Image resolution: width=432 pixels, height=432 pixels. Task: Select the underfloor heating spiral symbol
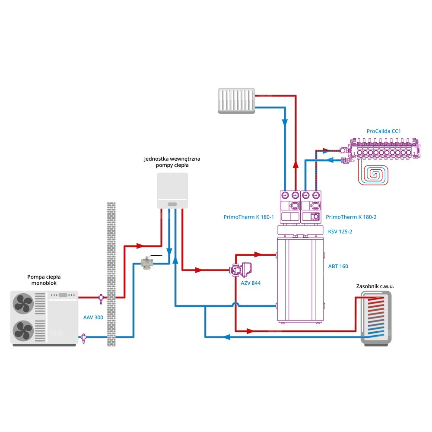click(x=374, y=175)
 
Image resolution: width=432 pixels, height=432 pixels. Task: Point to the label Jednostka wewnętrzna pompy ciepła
click(x=172, y=162)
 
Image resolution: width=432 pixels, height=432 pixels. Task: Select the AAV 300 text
click(x=94, y=317)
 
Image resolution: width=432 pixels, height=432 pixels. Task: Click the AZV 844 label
click(x=251, y=283)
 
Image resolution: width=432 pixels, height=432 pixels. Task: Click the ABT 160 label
click(x=338, y=267)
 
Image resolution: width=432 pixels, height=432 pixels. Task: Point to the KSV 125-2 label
click(x=340, y=232)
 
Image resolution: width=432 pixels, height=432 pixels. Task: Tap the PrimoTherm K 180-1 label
click(x=249, y=217)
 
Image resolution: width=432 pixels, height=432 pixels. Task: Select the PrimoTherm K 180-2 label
click(x=351, y=217)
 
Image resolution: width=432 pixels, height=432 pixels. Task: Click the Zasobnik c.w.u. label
click(x=375, y=286)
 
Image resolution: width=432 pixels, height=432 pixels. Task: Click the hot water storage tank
click(x=375, y=318)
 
